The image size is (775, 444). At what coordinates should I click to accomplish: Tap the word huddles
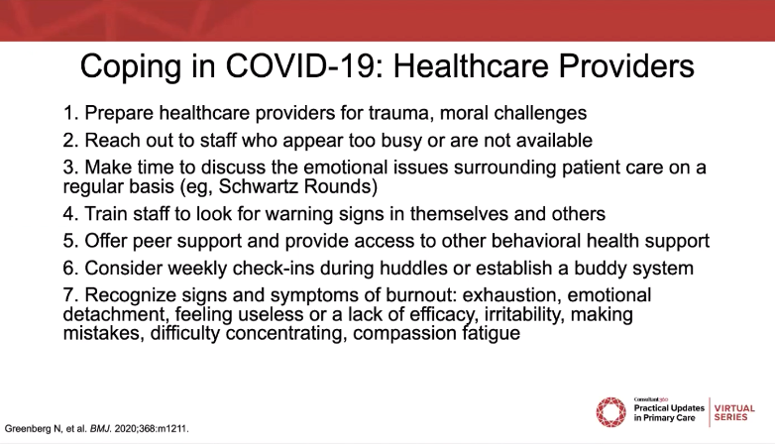pyautogui.click(x=413, y=268)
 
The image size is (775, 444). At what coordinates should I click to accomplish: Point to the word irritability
pyautogui.click(x=524, y=314)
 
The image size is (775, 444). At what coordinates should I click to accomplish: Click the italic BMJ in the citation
pyautogui.click(x=100, y=429)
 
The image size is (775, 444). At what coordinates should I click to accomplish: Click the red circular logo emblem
pyautogui.click(x=610, y=412)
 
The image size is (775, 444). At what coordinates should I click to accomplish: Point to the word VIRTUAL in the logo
pyautogui.click(x=734, y=408)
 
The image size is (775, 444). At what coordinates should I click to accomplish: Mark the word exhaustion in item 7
pyautogui.click(x=511, y=294)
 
